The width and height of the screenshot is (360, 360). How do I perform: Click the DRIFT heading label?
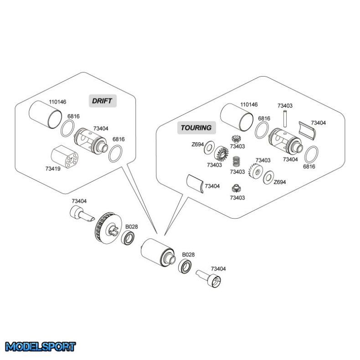(x=102, y=101)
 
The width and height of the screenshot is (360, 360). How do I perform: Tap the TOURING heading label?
(x=196, y=128)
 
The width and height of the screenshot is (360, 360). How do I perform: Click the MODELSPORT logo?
(x=40, y=347)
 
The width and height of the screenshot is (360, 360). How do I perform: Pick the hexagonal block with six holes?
(x=63, y=156)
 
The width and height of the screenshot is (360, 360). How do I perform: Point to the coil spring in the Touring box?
(x=237, y=161)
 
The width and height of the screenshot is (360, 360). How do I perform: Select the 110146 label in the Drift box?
(x=58, y=102)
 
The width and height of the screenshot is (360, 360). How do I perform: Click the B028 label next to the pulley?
(x=132, y=226)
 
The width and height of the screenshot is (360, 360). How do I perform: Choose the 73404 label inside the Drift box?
(x=101, y=129)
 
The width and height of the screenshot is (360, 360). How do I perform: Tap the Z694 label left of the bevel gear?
(x=197, y=144)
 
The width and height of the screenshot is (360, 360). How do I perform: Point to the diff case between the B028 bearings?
(x=157, y=251)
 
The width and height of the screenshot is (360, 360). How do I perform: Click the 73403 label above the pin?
(x=285, y=105)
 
